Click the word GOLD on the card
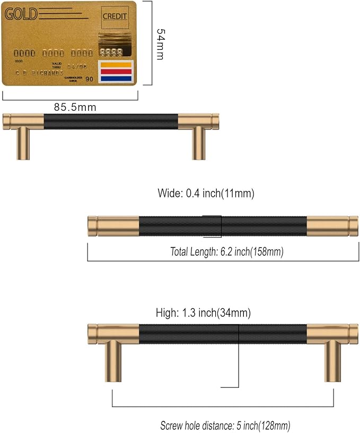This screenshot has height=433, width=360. coord(21,14)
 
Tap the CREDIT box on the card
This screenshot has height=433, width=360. coord(115,16)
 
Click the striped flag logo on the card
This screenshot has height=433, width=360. coord(115,72)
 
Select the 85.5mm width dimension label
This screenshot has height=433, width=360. coord(75,107)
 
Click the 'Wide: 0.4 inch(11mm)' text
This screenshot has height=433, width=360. coord(206,194)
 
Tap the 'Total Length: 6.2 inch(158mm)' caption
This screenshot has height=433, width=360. coord(227,252)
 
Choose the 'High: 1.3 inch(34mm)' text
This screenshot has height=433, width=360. coord(203,313)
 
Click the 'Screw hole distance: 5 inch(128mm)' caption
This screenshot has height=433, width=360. coord(225,426)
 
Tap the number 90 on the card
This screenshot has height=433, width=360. coord(89,79)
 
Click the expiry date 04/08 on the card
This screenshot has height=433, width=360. coord(78,66)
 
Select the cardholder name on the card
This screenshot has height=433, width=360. coord(40,73)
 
